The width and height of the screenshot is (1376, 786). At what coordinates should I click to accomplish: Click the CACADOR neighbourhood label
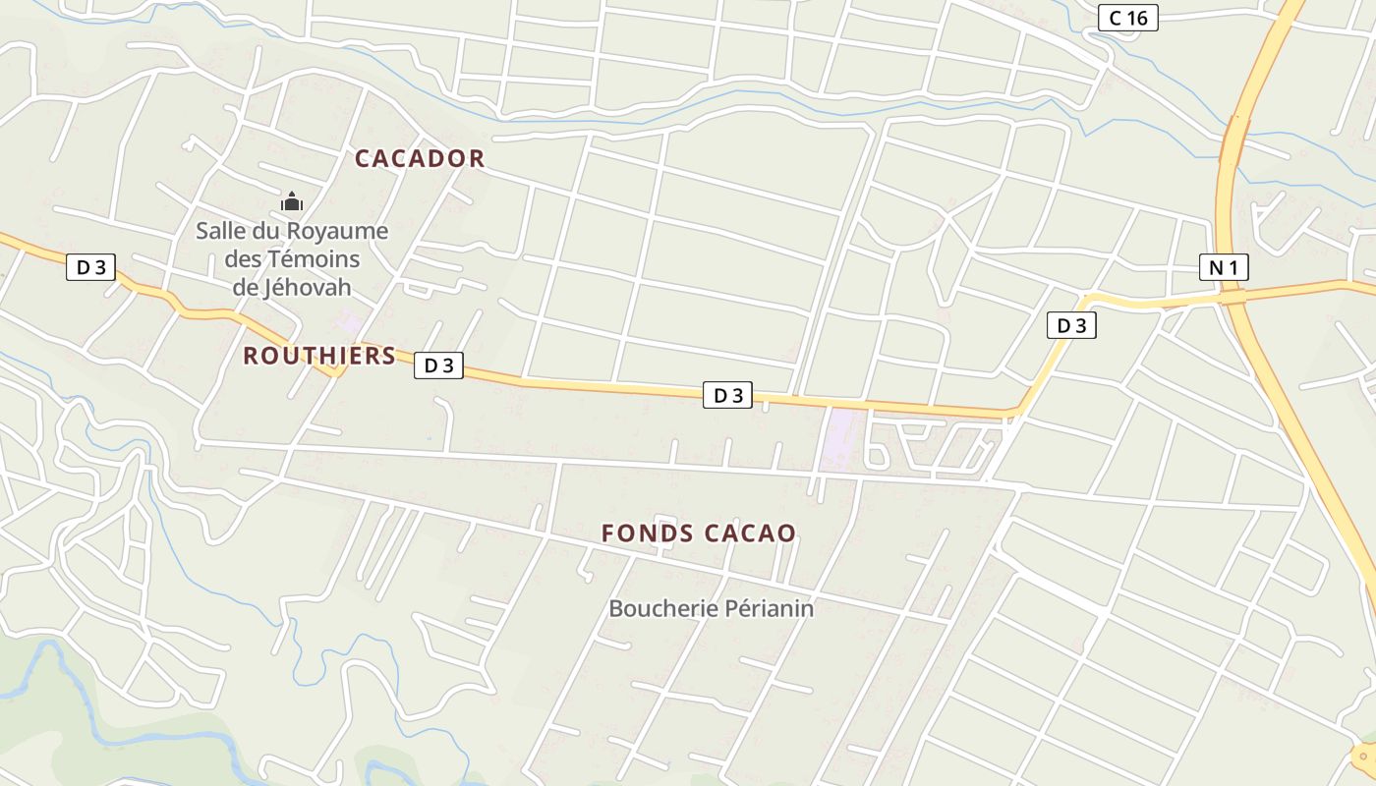coord(420,158)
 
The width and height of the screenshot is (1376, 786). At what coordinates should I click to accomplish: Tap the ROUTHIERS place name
coord(319,356)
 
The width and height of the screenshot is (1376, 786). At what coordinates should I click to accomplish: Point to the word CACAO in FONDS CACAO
coord(749,533)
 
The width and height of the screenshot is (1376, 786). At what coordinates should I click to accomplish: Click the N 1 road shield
coord(1224,267)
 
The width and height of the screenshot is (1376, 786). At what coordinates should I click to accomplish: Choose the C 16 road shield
coord(1127,18)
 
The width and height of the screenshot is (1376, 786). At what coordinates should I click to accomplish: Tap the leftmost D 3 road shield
coord(90,267)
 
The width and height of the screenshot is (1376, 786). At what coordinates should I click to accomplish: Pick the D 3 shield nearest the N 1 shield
coord(1071,325)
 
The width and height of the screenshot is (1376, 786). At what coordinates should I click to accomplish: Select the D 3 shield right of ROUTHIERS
coord(438,365)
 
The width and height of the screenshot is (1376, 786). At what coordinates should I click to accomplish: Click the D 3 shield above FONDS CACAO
coord(727,396)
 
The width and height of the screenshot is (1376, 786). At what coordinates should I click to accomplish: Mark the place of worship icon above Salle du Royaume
coord(292,202)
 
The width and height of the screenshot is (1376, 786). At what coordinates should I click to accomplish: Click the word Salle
coord(220,232)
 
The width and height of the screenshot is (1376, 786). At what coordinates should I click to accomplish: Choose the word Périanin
coord(767,609)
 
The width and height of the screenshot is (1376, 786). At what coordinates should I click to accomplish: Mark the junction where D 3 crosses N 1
coord(1233,295)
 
